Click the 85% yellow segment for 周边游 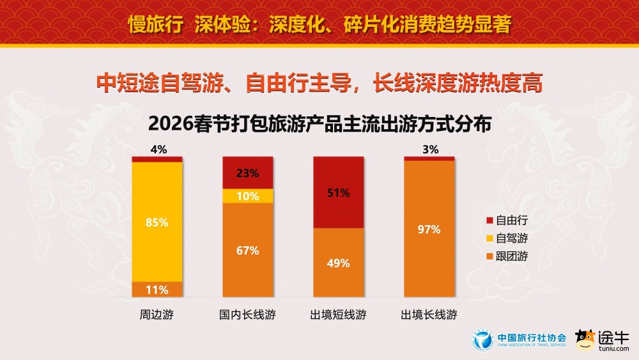(157, 221)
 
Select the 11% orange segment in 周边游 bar (157, 289)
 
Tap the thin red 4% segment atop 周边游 (157, 159)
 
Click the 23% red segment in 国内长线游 (247, 173)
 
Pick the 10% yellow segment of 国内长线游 (247, 196)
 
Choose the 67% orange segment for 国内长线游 (247, 250)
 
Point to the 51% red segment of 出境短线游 (339, 192)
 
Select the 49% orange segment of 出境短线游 (339, 262)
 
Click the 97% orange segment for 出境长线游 (429, 229)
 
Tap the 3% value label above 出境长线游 (430, 150)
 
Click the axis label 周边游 (157, 315)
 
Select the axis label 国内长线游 (247, 315)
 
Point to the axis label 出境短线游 (339, 315)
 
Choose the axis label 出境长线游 (429, 315)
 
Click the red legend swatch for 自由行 (489, 220)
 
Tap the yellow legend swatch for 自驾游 (489, 238)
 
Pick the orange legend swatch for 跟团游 (489, 256)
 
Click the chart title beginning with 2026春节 (319, 123)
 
